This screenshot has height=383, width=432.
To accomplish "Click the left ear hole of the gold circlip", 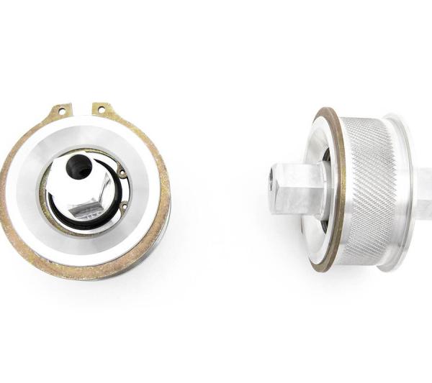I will point(61,111).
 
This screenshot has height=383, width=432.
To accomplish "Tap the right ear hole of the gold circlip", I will point(102,109).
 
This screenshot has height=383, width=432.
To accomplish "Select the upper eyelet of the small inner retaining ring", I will point(123,172).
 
